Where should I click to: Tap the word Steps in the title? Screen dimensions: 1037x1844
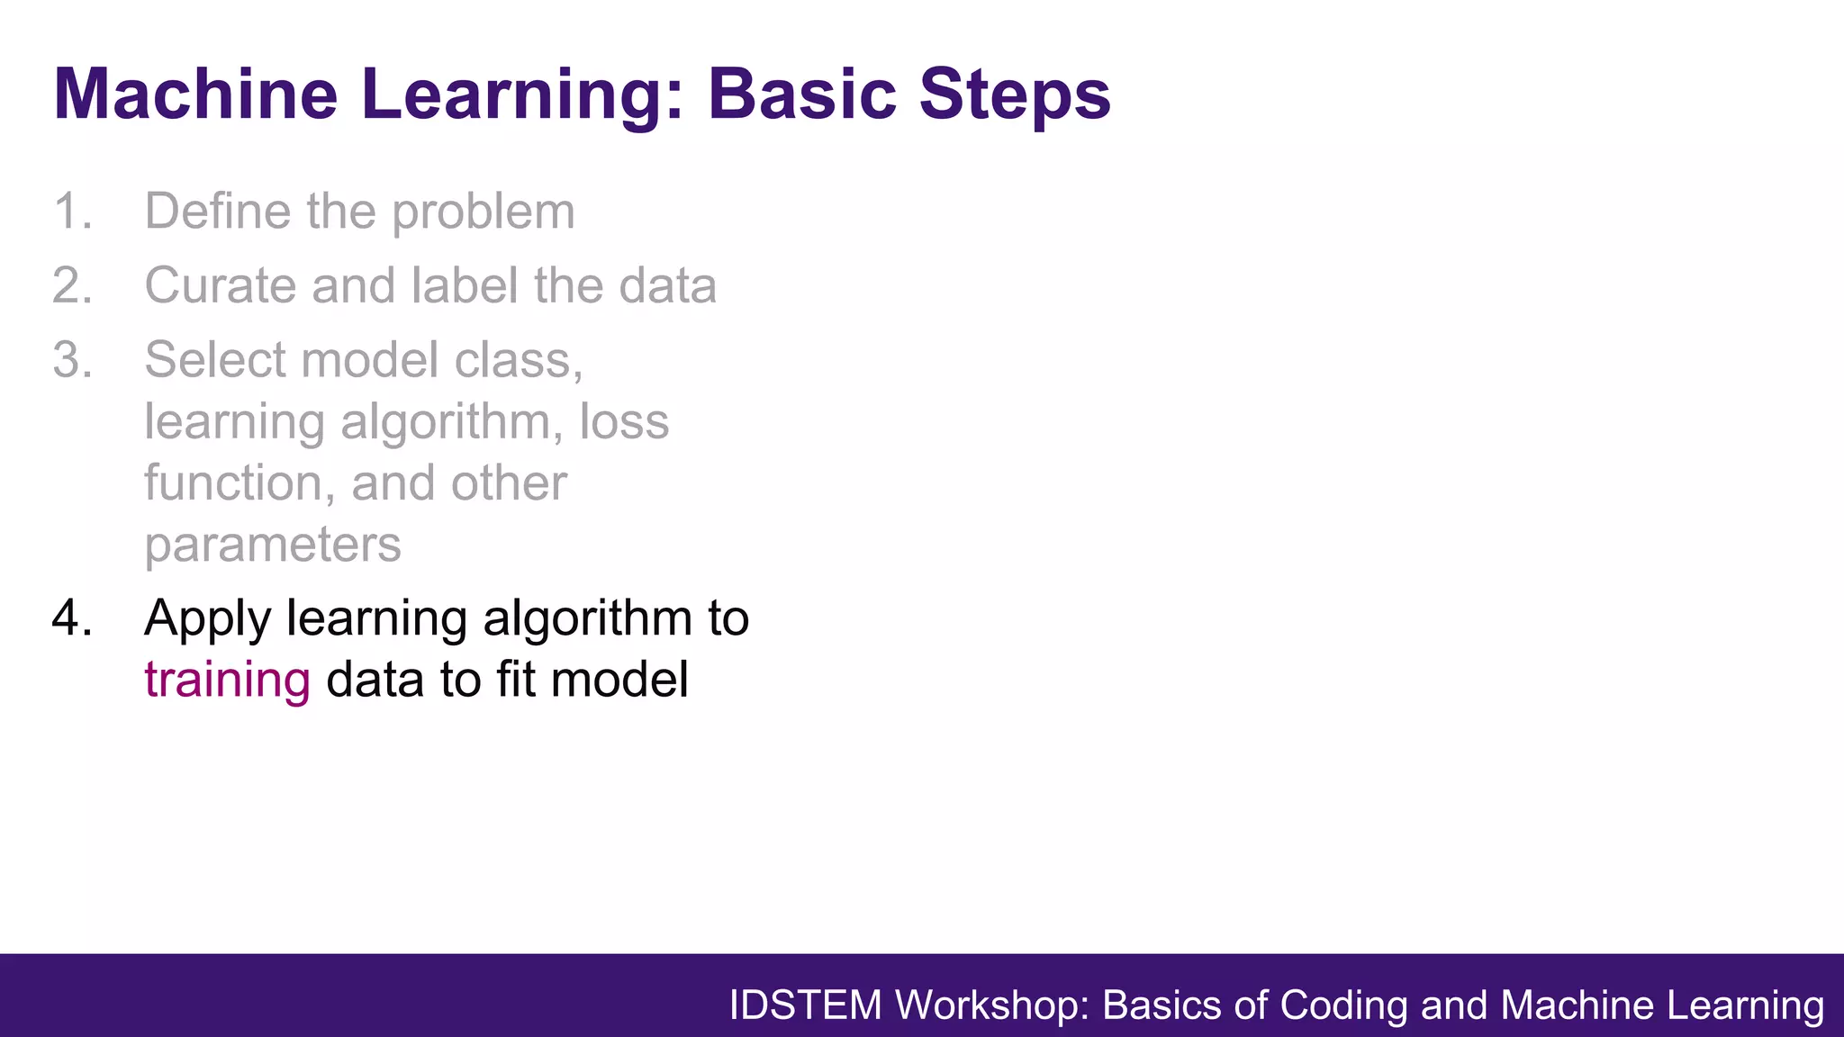click(x=1015, y=94)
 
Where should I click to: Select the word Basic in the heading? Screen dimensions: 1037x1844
click(x=802, y=94)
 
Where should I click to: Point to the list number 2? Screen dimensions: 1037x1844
click(x=72, y=286)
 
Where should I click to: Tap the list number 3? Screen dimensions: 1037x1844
click(x=72, y=360)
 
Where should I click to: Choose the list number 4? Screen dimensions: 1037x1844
click(x=72, y=618)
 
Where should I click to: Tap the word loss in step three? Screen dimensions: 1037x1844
click(x=624, y=421)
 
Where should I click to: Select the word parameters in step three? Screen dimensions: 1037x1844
click(x=272, y=546)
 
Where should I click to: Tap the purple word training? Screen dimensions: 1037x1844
click(x=227, y=681)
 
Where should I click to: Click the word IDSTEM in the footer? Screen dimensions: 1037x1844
click(x=805, y=1005)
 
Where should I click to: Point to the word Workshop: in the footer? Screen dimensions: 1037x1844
click(x=992, y=1005)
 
